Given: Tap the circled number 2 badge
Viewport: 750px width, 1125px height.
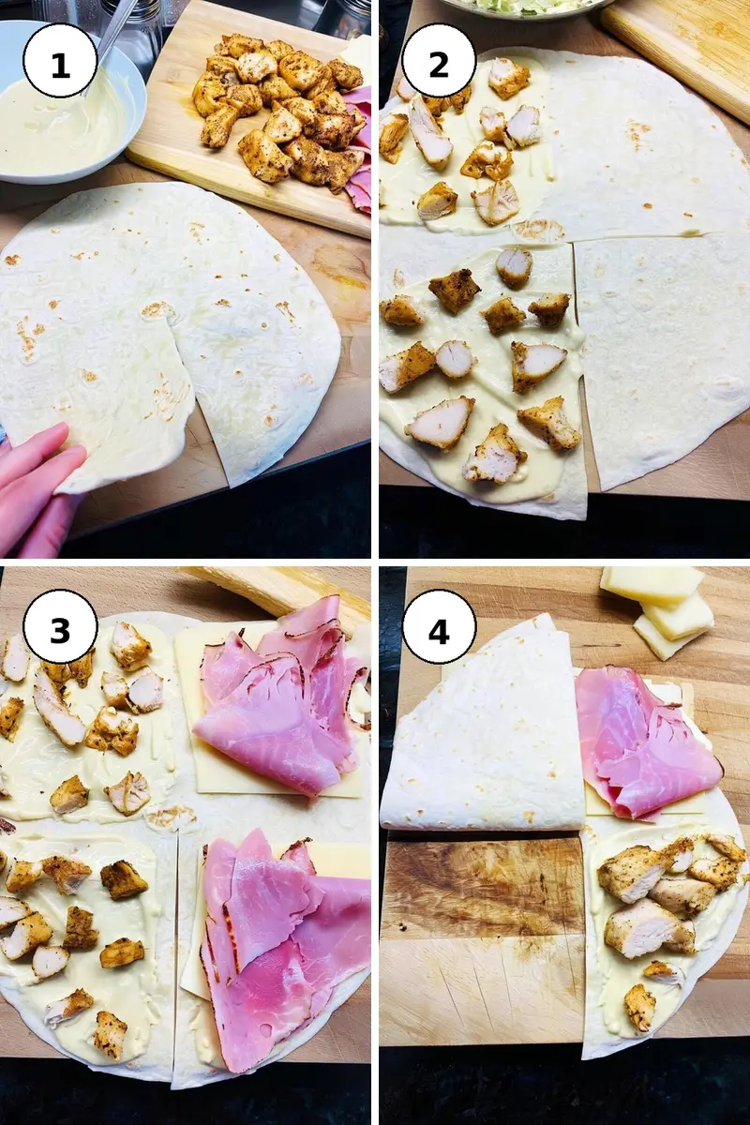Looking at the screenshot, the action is [x=439, y=65].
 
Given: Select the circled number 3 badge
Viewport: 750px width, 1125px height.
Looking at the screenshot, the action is [x=60, y=630].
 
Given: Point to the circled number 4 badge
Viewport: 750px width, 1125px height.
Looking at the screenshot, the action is [x=439, y=630].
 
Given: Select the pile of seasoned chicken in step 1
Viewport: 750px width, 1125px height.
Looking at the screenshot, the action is [x=281, y=111].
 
